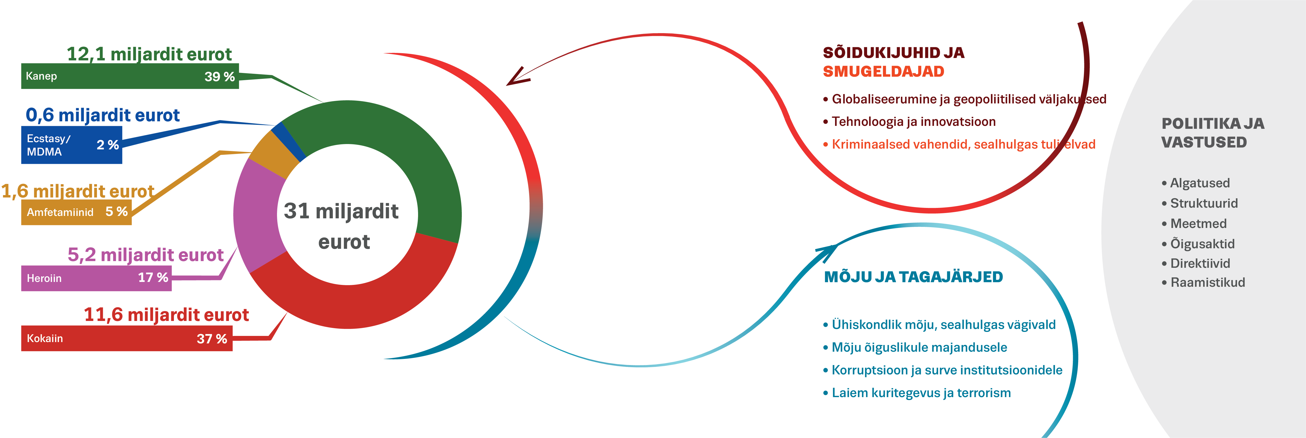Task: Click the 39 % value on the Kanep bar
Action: [219, 76]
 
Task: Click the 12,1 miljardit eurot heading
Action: [149, 54]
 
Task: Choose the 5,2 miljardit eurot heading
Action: [146, 254]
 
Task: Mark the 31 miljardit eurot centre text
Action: [341, 226]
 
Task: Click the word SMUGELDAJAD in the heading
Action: [883, 71]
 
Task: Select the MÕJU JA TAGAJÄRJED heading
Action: [913, 277]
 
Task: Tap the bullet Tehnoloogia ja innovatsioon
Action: [913, 122]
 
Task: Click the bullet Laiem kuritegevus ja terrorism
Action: [921, 393]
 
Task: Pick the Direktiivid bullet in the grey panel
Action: [1199, 263]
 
